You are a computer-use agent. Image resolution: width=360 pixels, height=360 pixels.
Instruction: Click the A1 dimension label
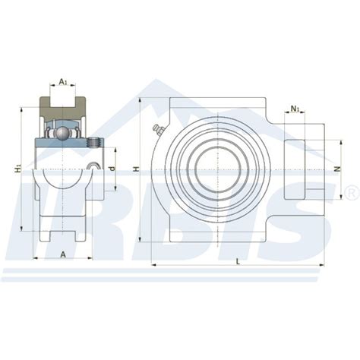click(63, 81)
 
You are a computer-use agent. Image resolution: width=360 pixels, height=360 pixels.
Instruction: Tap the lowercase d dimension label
click(112, 168)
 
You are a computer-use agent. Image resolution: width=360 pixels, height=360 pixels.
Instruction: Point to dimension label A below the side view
click(62, 254)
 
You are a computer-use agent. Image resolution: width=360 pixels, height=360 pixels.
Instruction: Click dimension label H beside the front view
click(137, 171)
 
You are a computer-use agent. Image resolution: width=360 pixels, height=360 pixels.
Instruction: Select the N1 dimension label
click(295, 109)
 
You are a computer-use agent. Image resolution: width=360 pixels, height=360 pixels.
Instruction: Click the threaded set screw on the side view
click(94, 142)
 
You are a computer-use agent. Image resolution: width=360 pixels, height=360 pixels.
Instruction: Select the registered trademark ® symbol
click(350, 189)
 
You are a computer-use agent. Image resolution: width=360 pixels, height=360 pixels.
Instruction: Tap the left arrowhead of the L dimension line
click(154, 266)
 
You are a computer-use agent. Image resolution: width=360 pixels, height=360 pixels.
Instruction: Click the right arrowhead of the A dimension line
click(90, 258)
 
